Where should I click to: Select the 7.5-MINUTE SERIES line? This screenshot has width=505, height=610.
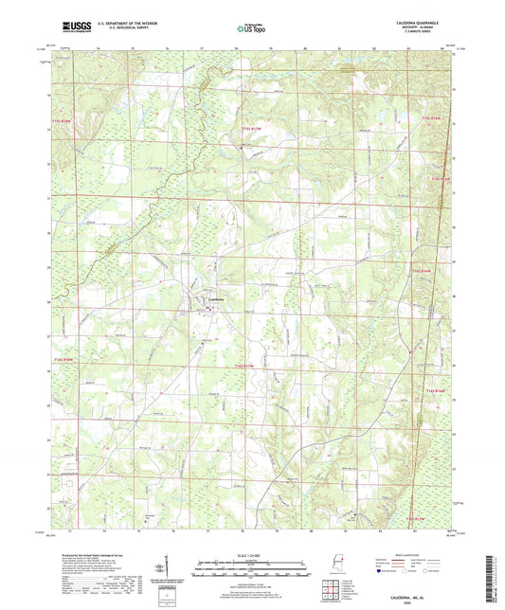coord(434,31)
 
